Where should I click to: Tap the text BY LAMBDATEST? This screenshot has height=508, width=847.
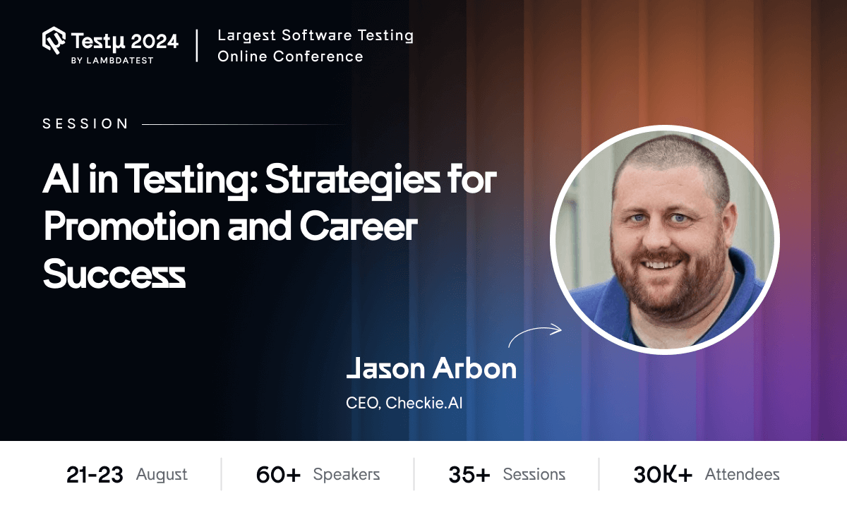(x=112, y=61)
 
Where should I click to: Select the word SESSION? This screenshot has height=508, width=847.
(x=85, y=124)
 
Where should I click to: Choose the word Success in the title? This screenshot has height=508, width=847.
(x=114, y=274)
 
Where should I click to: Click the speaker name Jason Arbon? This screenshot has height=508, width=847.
(x=431, y=368)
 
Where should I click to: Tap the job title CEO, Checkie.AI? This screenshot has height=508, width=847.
(x=404, y=404)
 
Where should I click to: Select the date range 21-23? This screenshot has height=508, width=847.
(x=95, y=475)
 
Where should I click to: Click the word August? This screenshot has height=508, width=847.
(x=162, y=475)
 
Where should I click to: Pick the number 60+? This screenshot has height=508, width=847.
(x=278, y=475)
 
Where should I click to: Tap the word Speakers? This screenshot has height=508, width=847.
(x=347, y=475)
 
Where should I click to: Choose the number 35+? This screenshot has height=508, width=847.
(x=469, y=475)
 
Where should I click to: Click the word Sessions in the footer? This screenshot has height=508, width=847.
(x=534, y=475)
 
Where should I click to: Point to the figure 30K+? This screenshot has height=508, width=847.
(x=663, y=475)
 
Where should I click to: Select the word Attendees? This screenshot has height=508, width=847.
(x=743, y=475)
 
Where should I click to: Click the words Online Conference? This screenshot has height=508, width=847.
(x=290, y=56)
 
